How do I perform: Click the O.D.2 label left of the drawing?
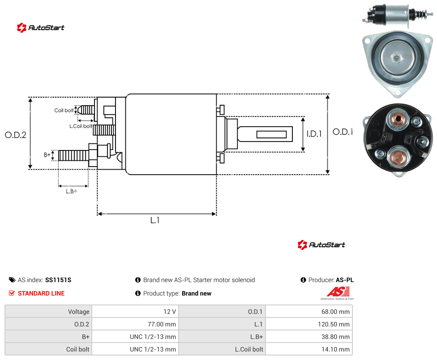(16, 135)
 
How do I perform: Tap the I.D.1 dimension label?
(314, 134)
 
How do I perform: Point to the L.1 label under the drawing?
(155, 220)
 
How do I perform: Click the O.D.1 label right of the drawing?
(343, 132)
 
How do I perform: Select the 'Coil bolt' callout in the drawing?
(64, 110)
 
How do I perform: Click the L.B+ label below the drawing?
(72, 191)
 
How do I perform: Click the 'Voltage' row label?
(79, 312)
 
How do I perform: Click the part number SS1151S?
(58, 280)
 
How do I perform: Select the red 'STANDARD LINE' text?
(41, 293)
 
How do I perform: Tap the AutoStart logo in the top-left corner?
(41, 28)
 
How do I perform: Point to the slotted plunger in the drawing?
(265, 134)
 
